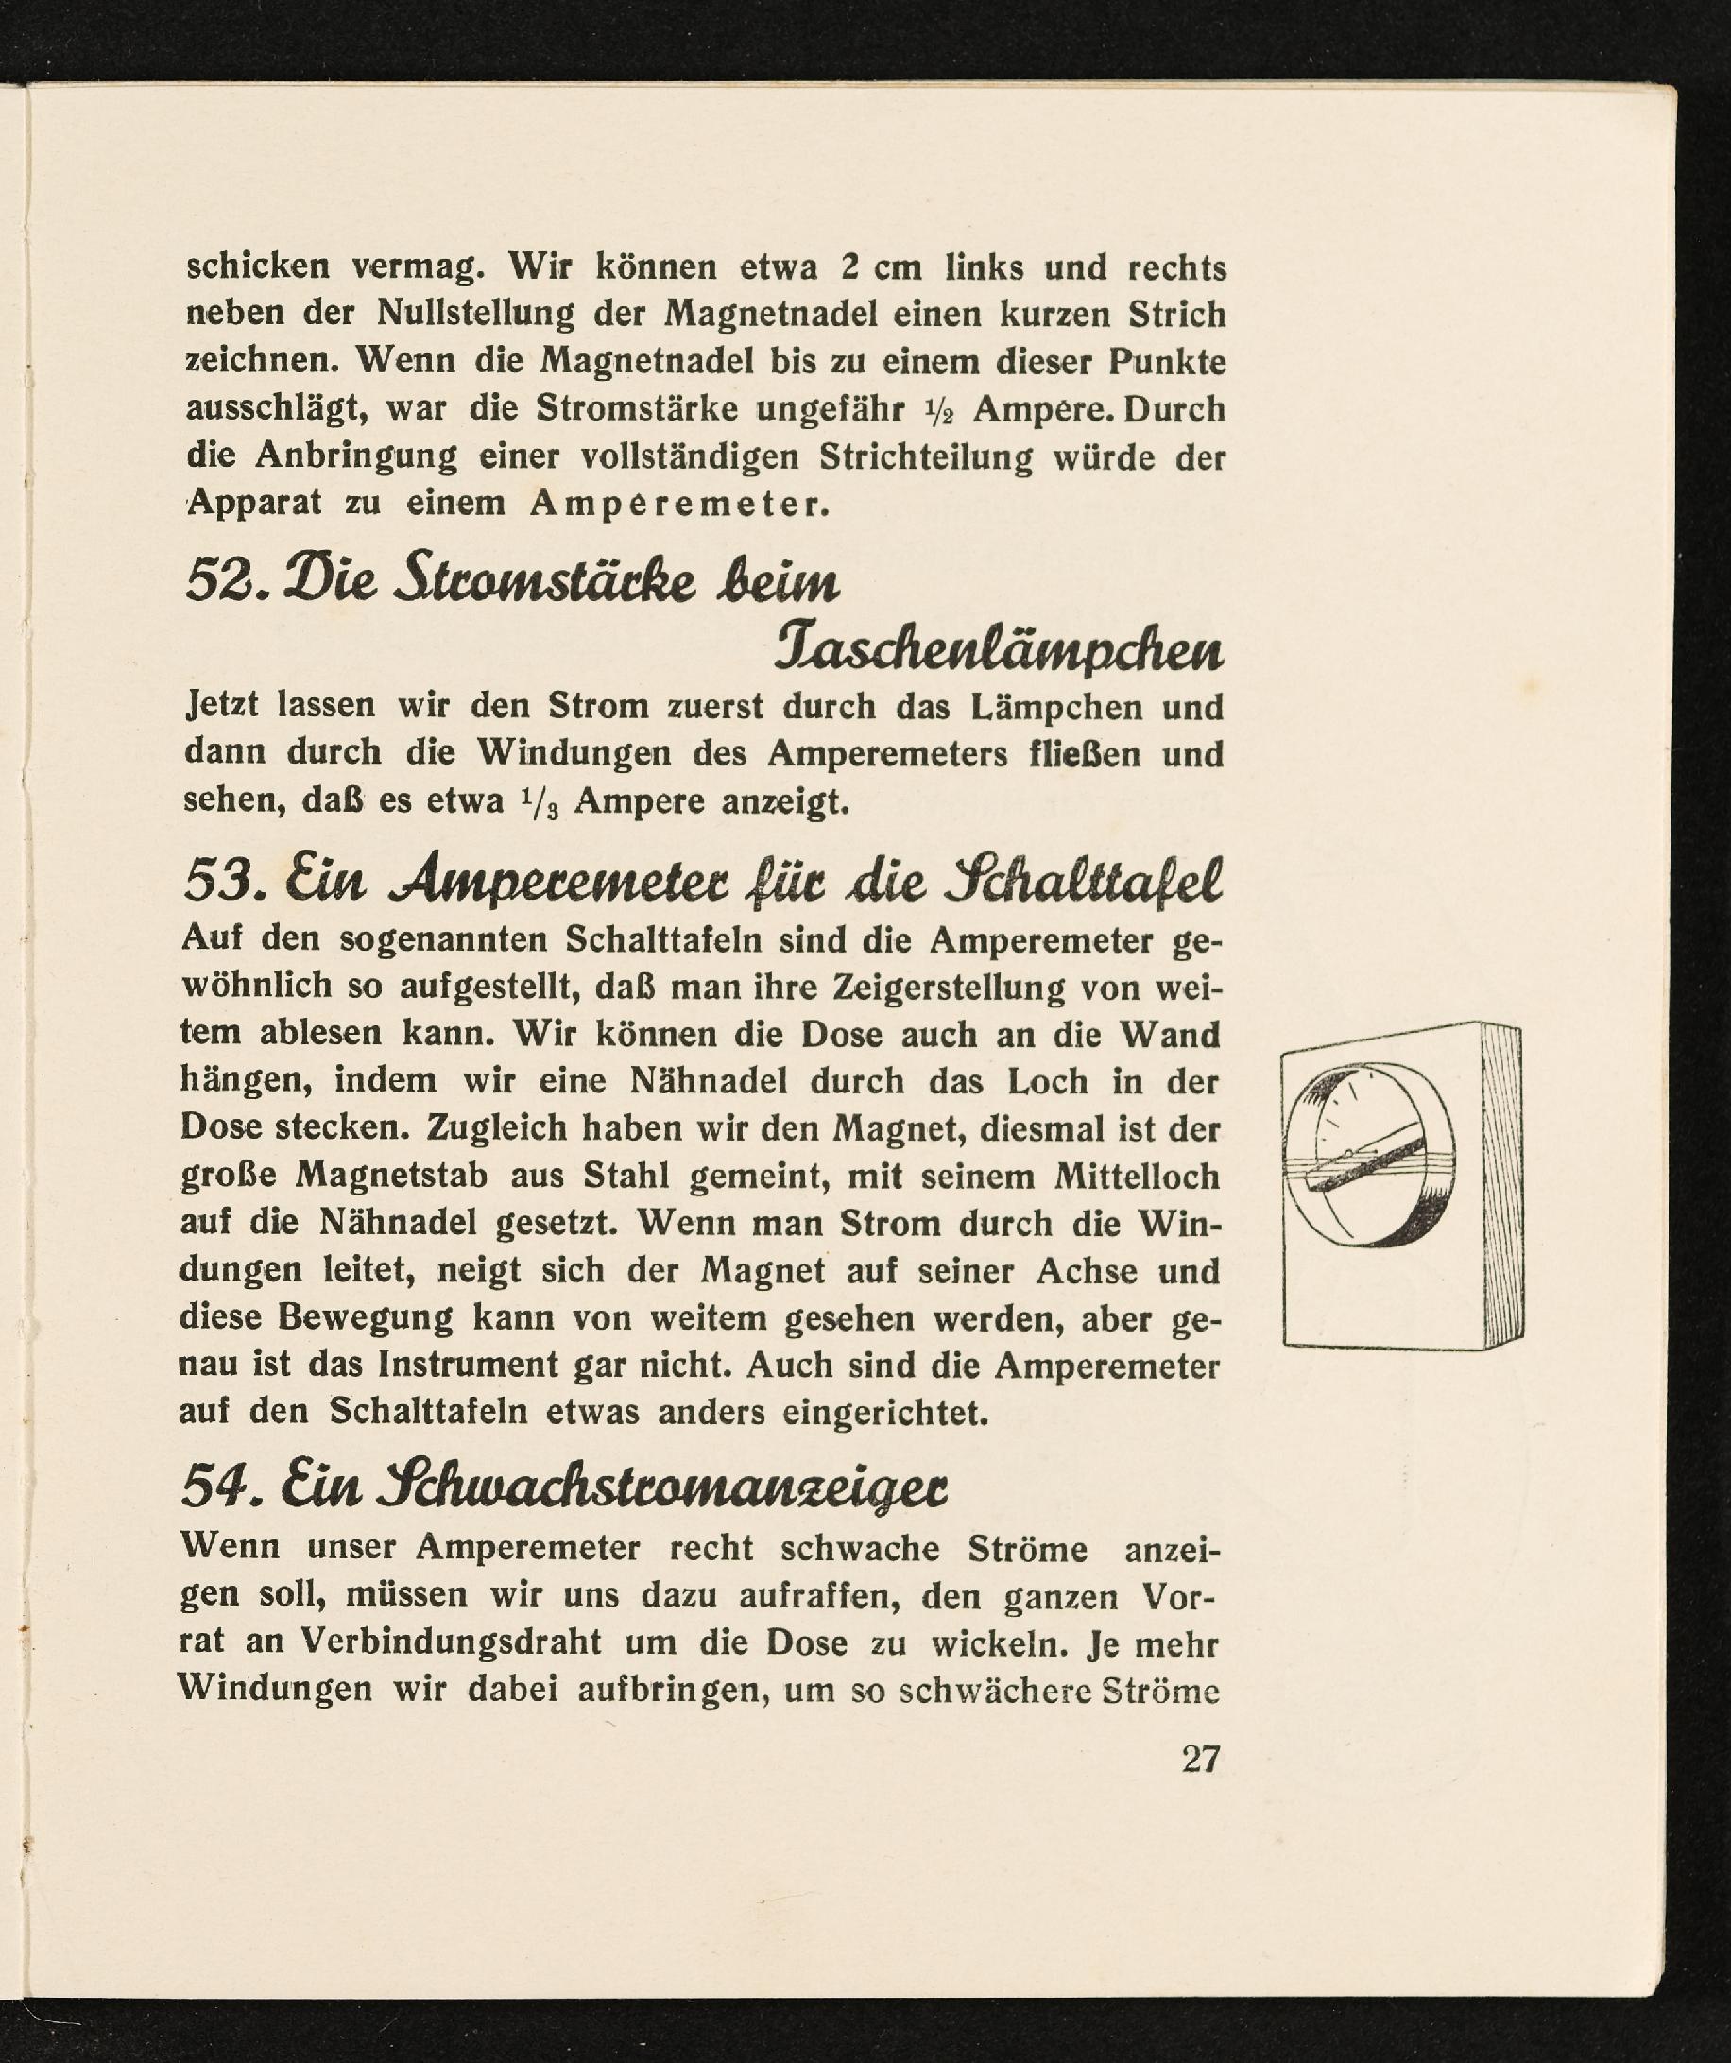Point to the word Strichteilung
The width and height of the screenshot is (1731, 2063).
pyautogui.click(x=925, y=457)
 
